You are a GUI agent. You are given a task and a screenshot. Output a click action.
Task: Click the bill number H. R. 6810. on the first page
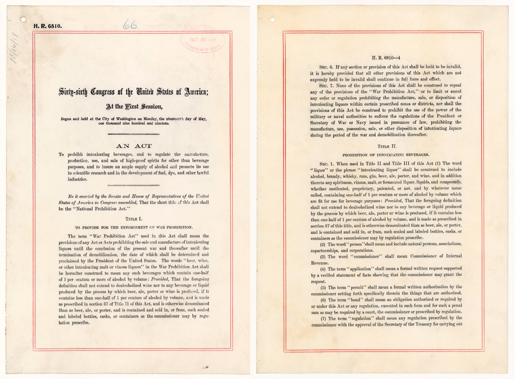coord(47,26)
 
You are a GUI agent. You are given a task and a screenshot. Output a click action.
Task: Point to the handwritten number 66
coord(129,25)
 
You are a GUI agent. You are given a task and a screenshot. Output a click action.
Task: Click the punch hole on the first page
coord(23,18)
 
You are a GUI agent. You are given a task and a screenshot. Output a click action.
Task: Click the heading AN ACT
coord(134,146)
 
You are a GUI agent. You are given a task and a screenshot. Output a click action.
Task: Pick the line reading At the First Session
coord(134,106)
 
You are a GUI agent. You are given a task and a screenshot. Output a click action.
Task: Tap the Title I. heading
coord(134,218)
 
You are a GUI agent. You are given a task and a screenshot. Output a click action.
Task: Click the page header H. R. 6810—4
coord(386,58)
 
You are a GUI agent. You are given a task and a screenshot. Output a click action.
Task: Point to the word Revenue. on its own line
coord(320,263)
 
